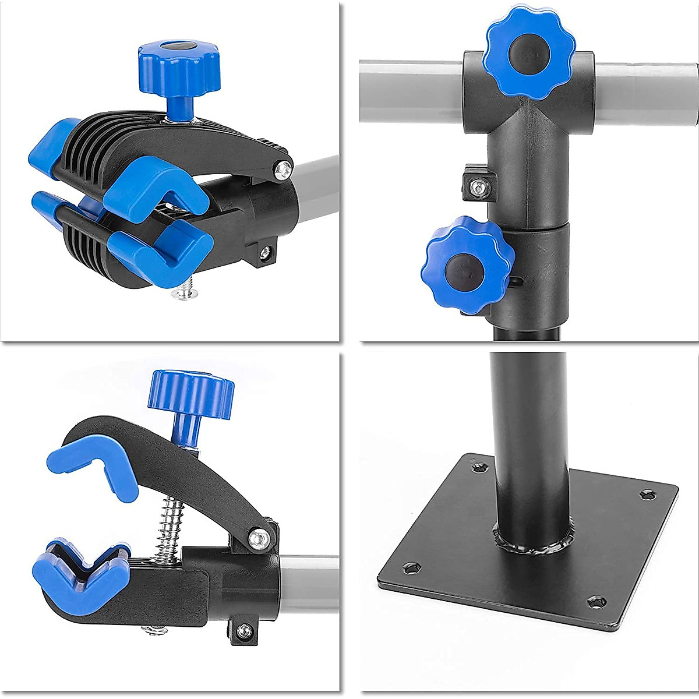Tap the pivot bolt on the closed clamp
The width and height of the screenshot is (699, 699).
tap(284, 168)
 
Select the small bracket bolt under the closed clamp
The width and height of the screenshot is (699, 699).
tap(265, 252)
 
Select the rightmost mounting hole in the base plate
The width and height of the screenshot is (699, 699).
tap(647, 495)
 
